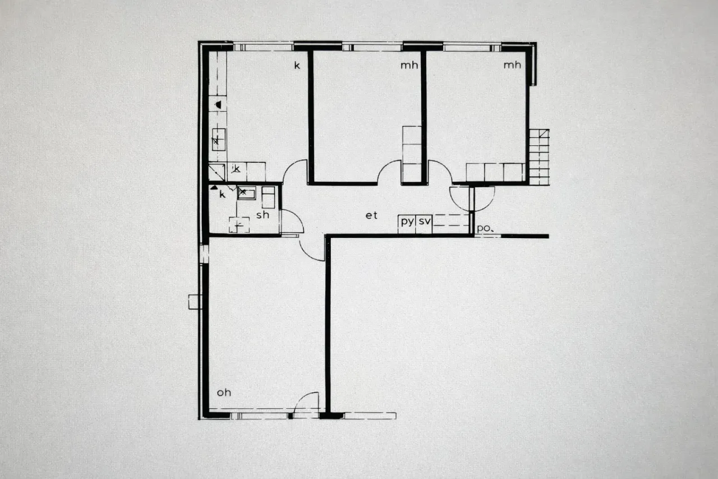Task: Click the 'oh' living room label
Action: (x=224, y=393)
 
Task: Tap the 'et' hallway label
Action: (x=371, y=215)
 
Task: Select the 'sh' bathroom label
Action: (x=263, y=215)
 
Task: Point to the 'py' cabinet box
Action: (x=407, y=222)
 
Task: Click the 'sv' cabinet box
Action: (x=425, y=222)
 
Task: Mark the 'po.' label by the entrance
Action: (x=484, y=229)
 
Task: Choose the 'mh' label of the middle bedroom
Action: (x=409, y=65)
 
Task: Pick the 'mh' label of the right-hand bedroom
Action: (x=512, y=65)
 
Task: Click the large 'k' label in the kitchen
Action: (x=297, y=66)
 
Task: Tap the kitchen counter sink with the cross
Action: (x=218, y=139)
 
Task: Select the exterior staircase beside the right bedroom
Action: (x=539, y=157)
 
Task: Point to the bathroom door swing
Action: (x=292, y=221)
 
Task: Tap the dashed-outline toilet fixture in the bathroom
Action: (x=240, y=224)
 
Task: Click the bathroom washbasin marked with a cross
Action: (x=246, y=193)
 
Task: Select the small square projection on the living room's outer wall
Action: (x=195, y=302)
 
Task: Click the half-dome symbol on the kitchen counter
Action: (x=218, y=104)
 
